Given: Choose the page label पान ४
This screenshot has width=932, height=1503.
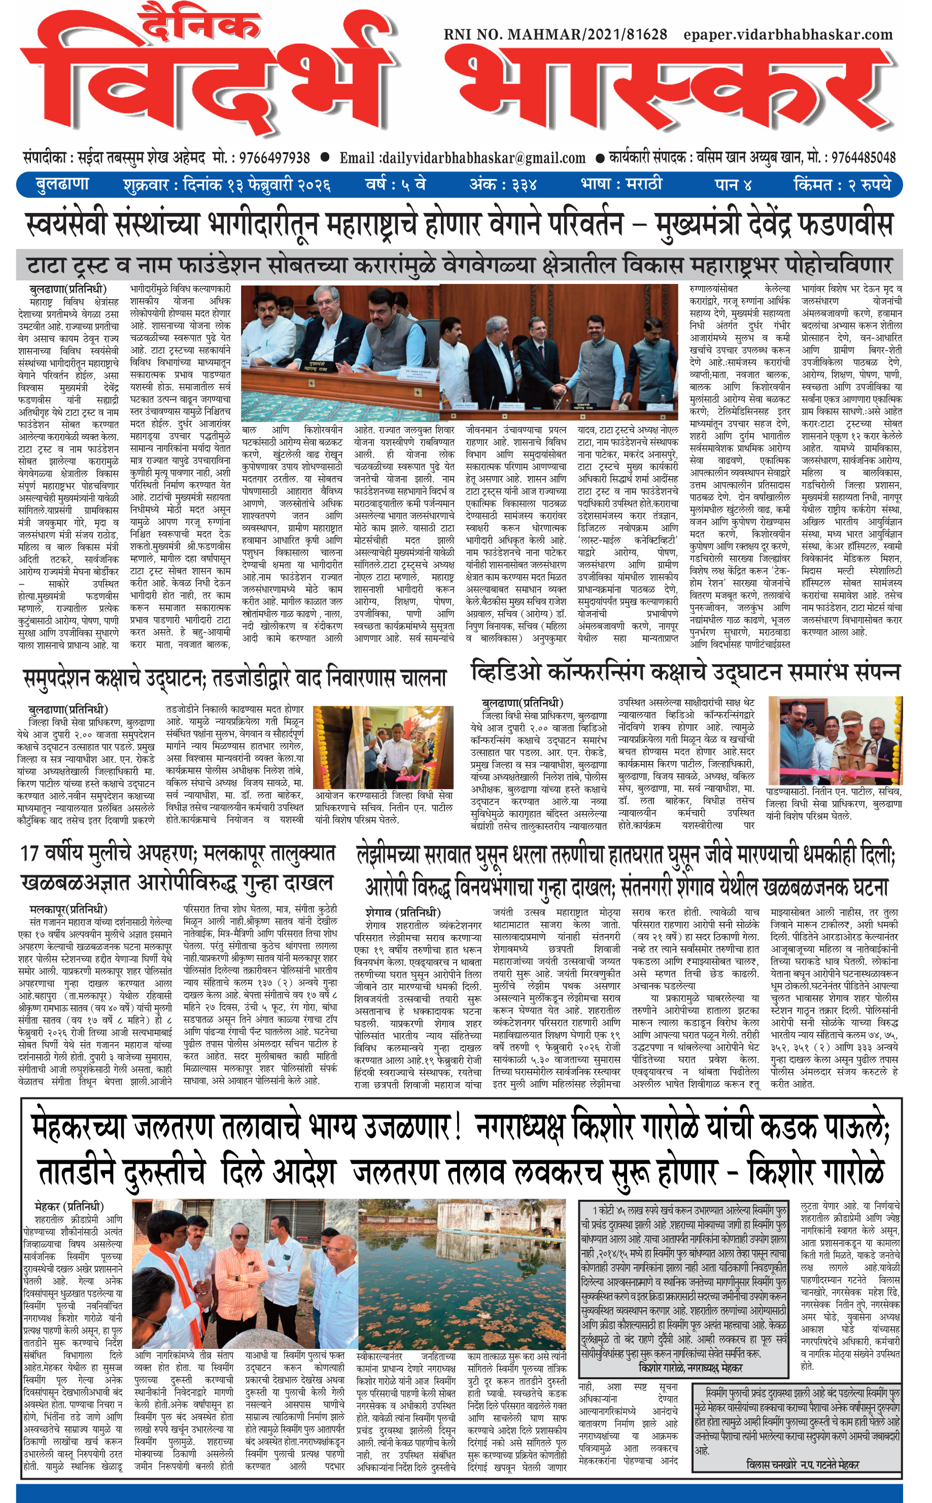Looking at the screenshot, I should coord(734,184).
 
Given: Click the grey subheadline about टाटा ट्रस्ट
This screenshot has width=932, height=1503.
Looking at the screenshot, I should coord(459,266).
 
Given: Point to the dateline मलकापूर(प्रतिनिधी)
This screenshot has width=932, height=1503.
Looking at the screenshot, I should coord(68,909).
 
